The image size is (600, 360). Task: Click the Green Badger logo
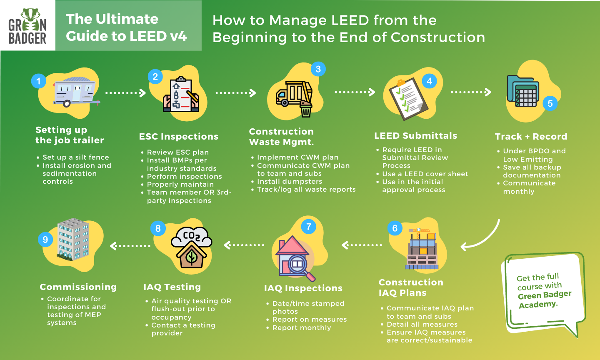[x=27, y=26]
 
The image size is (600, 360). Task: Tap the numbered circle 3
[x=318, y=69]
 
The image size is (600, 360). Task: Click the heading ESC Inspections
[x=178, y=137]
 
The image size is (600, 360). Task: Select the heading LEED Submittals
[x=415, y=136]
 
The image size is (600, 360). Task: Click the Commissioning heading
[x=78, y=287]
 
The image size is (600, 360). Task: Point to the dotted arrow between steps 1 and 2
[x=125, y=93]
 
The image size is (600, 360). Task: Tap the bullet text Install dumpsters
[x=289, y=182]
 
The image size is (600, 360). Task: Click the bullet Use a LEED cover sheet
[x=425, y=174]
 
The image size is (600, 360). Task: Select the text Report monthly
[x=301, y=328]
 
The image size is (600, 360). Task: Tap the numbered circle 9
[x=45, y=240]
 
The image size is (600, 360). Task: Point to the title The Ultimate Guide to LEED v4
[x=126, y=27]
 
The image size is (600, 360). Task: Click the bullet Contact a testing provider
[x=183, y=329]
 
